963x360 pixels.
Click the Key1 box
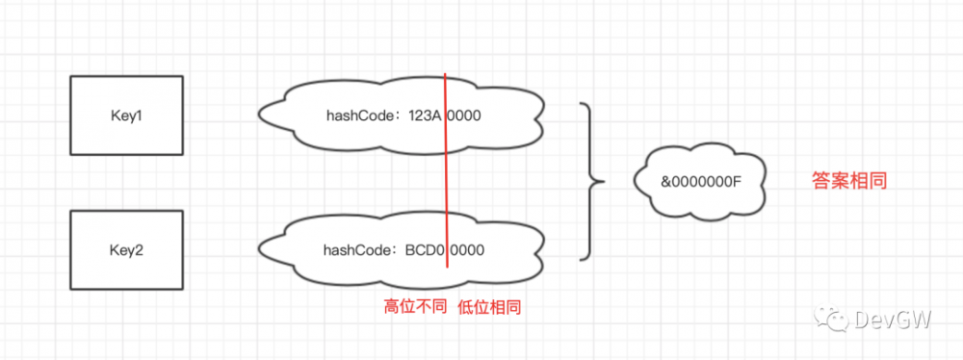[127, 116]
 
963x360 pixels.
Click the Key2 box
[127, 249]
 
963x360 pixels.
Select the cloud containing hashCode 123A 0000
[403, 116]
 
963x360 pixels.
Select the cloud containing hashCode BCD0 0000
[403, 250]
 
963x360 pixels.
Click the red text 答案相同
[849, 180]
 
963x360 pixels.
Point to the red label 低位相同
[490, 307]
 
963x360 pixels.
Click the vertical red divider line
[446, 183]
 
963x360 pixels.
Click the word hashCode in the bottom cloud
[355, 250]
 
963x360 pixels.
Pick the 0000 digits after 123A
[465, 116]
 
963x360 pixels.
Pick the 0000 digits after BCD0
[467, 250]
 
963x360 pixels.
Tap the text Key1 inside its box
[127, 116]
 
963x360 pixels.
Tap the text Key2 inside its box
[127, 249]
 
